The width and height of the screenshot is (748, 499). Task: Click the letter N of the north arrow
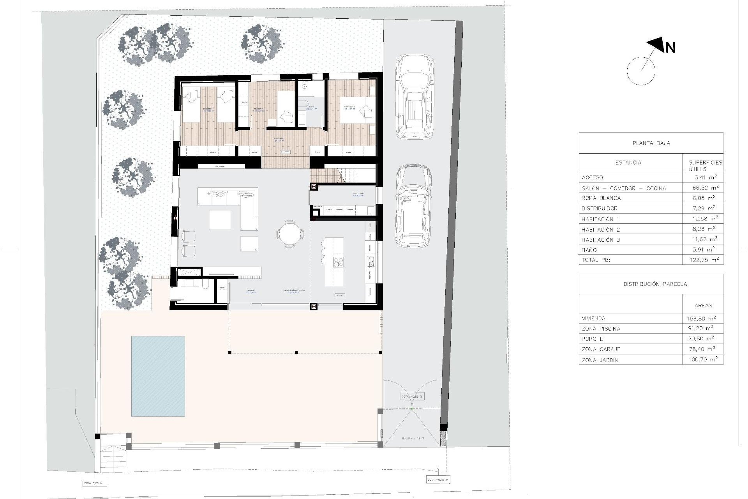670,48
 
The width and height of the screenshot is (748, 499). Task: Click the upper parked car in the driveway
415,97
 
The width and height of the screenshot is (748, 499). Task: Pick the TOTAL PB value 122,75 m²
703,260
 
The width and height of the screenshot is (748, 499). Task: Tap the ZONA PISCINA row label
601,329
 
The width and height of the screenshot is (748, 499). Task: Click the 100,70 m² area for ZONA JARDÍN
703,360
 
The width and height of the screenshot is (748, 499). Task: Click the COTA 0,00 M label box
94,483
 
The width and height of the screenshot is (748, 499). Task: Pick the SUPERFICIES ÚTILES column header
705,165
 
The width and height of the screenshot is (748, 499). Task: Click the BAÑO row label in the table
589,250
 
